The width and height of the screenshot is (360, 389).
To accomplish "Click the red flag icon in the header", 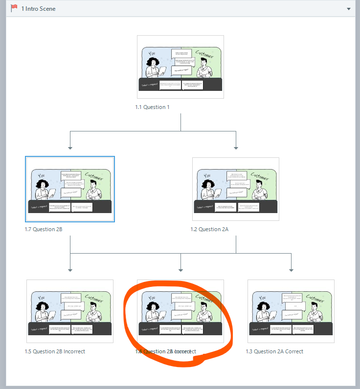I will (14, 8).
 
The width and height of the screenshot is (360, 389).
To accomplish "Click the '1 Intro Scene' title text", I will (38, 9).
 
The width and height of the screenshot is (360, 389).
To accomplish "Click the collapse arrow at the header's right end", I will (348, 9).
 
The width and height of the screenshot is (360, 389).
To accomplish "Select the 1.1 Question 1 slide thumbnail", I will (180, 67).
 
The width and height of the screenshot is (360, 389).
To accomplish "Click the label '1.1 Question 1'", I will (153, 107).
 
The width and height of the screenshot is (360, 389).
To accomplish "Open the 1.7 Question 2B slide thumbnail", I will (70, 189).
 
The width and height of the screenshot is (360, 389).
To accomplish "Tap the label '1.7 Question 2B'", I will (44, 229).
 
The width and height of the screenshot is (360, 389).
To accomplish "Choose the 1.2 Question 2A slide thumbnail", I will (236, 189).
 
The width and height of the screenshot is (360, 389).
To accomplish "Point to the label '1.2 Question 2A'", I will (209, 229).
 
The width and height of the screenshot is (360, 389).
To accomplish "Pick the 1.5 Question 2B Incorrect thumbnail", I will (70, 311).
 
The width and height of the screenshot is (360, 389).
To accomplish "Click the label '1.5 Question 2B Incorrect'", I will (55, 351).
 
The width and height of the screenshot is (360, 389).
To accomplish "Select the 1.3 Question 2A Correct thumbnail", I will (291, 311).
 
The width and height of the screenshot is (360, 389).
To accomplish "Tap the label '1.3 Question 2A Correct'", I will (274, 351).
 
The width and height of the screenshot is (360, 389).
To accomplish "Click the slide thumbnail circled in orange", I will (180, 311).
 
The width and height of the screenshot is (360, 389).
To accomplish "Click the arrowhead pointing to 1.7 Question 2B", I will (70, 148).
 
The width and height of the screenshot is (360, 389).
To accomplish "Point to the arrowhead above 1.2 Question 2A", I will (236, 148).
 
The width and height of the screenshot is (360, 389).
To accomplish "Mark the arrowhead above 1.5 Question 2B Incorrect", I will (70, 270).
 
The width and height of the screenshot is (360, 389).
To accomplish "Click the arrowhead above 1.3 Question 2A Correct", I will (292, 270).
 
